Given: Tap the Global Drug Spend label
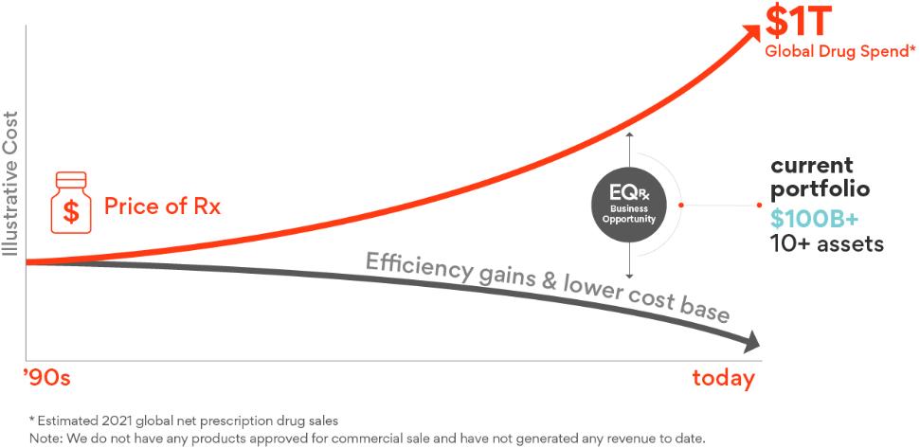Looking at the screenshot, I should pos(839,51).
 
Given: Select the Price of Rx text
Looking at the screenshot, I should pos(162,206).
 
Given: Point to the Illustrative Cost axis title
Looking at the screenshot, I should pos(10,184).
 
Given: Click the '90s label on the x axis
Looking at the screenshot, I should pos(46,379).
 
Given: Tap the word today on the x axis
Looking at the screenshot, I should pos(723,379).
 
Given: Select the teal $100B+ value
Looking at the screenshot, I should pos(814,218).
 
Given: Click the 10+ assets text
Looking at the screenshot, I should pos(826,243).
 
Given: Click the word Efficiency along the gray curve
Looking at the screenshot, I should pos(416,268).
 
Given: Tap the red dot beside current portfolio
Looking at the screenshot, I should pos(760,205).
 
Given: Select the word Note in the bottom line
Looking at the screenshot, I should pos(45,438).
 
